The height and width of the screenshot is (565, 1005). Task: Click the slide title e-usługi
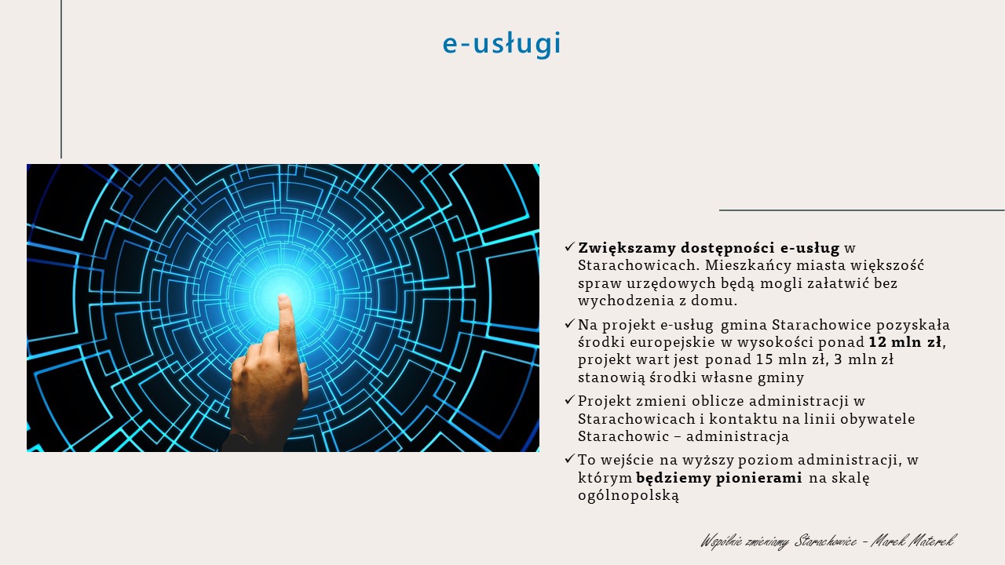click(502, 44)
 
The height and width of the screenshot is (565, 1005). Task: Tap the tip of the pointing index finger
click(283, 297)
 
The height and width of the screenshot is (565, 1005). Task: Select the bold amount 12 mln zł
click(905, 342)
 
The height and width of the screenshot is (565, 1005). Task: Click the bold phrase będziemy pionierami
click(718, 478)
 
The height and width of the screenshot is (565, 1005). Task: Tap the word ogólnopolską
click(628, 495)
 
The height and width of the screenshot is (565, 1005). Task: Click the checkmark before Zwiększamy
click(570, 246)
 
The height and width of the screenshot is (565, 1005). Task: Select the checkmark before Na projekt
click(570, 323)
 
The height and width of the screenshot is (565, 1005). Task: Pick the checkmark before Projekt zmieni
click(570, 399)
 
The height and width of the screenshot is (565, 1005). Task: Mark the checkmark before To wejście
click(570, 459)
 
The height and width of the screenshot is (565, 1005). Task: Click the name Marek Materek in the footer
click(914, 541)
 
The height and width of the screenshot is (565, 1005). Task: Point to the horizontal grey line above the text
click(862, 210)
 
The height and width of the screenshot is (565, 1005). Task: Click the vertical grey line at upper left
click(61, 79)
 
